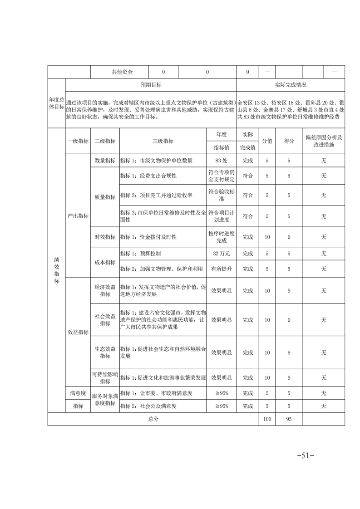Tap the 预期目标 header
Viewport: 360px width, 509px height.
151,85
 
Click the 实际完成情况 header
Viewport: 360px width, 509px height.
291,85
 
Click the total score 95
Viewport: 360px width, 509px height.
289,419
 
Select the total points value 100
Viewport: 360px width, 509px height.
267,419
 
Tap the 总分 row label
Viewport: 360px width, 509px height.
153,419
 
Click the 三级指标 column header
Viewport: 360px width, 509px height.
163,141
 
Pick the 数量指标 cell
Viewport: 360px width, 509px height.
105,161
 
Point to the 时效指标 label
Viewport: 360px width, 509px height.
105,237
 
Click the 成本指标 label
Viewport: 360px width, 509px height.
105,262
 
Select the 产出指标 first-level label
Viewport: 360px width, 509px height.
78,216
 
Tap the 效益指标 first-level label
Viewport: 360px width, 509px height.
78,332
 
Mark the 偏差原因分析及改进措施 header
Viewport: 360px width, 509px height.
324,141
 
